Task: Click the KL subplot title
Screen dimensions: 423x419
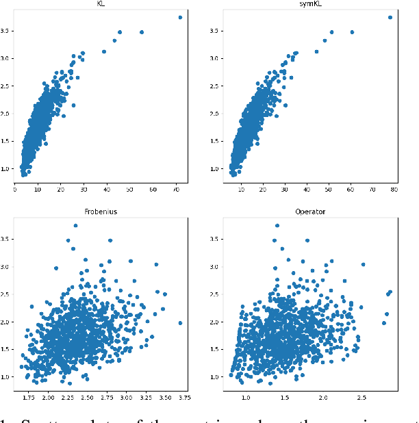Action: pos(102,3)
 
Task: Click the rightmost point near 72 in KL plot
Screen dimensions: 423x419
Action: pos(179,17)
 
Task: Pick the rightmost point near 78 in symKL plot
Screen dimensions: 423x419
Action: pos(390,17)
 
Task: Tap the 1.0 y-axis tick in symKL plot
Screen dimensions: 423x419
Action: pos(216,168)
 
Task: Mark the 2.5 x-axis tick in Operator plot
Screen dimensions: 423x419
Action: pos(361,397)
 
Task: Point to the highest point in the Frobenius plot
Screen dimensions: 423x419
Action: pos(75,225)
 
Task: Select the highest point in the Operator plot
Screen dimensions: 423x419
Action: pos(277,225)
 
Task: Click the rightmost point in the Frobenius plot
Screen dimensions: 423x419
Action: pos(180,323)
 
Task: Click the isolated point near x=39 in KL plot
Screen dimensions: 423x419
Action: pos(104,51)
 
